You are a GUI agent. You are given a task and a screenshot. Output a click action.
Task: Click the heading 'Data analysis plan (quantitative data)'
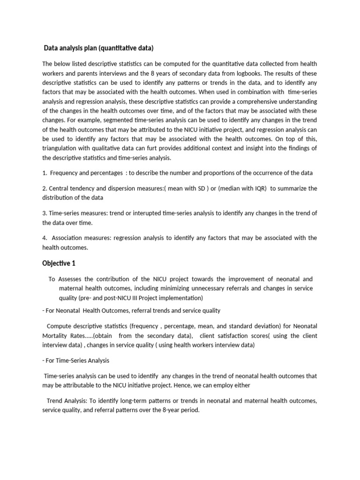click(x=98, y=48)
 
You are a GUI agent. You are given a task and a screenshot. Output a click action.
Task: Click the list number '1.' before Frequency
click(x=45, y=173)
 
